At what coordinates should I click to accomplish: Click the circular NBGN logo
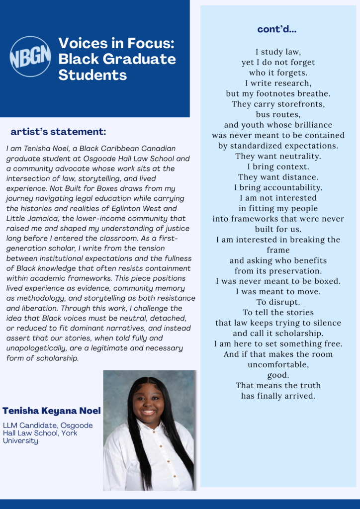coord(30,57)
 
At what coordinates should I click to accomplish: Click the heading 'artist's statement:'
coord(58,132)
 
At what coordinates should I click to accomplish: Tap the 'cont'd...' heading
coord(277,29)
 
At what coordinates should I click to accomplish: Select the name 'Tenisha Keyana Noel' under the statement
coord(52,411)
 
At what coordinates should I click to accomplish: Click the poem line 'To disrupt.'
coord(278,302)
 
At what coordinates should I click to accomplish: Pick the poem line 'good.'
coord(278,375)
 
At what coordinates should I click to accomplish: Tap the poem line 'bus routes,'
coord(278,114)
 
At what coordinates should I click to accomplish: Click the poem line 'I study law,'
coord(278,52)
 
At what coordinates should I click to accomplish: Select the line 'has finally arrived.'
coord(278,396)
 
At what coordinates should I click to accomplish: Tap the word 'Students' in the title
coord(92,75)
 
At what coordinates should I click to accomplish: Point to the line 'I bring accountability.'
coord(278,187)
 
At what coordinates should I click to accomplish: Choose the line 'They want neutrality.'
coord(278,156)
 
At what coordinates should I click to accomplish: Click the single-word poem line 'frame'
coord(278,250)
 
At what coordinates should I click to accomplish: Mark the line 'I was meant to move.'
coord(278,291)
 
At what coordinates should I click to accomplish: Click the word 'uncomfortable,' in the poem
coord(278,364)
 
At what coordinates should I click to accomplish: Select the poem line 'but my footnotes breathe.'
coord(278,93)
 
